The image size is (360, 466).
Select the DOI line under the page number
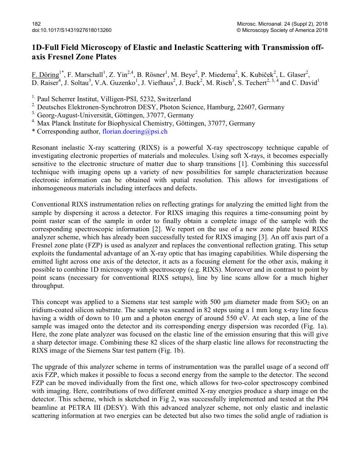point(72,30)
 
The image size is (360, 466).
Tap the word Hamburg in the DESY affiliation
point(232,108)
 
